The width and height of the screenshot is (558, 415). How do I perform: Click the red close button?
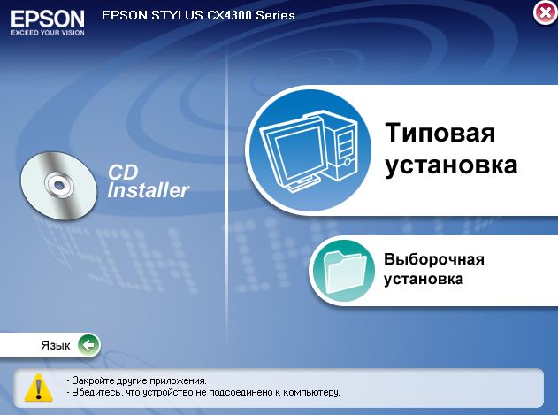coord(545,13)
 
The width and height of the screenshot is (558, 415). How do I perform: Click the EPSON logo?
coord(48,19)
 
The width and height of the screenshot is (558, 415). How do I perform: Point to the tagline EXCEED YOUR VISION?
coord(48,33)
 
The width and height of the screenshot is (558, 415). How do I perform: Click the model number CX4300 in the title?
coord(229,15)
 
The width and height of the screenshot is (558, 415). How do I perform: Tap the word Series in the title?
coord(275,15)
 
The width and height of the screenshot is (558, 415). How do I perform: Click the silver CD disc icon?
coord(58,185)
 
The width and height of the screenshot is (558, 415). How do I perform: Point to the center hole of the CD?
coord(58,184)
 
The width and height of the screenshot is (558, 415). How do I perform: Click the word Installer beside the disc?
coord(148,190)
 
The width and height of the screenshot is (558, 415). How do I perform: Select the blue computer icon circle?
coord(310,150)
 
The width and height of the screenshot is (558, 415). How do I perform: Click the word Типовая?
coord(440,133)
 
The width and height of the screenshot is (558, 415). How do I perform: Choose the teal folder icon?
coord(344,271)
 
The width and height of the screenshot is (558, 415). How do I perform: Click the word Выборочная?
coord(434,259)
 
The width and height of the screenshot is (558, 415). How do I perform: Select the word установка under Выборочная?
coord(424,279)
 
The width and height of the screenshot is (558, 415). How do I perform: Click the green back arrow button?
coord(88,345)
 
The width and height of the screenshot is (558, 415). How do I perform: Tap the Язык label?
coord(56,345)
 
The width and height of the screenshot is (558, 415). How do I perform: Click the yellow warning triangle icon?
coord(38,388)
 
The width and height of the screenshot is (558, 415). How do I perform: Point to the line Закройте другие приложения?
coord(136,380)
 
